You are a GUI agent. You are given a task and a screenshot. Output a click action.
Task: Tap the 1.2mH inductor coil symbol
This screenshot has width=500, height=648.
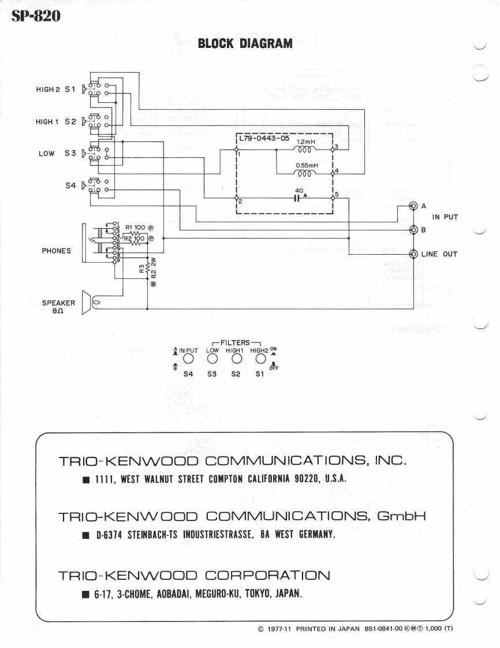tap(304, 149)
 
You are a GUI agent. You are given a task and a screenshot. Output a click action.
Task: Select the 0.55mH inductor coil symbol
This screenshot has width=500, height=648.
tap(304, 172)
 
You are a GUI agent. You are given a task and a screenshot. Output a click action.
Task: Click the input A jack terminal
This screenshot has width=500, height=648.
tap(413, 206)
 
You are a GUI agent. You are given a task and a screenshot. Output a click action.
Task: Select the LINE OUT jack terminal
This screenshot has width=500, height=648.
tap(413, 254)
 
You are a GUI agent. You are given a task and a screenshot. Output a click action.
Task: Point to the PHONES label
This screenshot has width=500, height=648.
tap(57, 251)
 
